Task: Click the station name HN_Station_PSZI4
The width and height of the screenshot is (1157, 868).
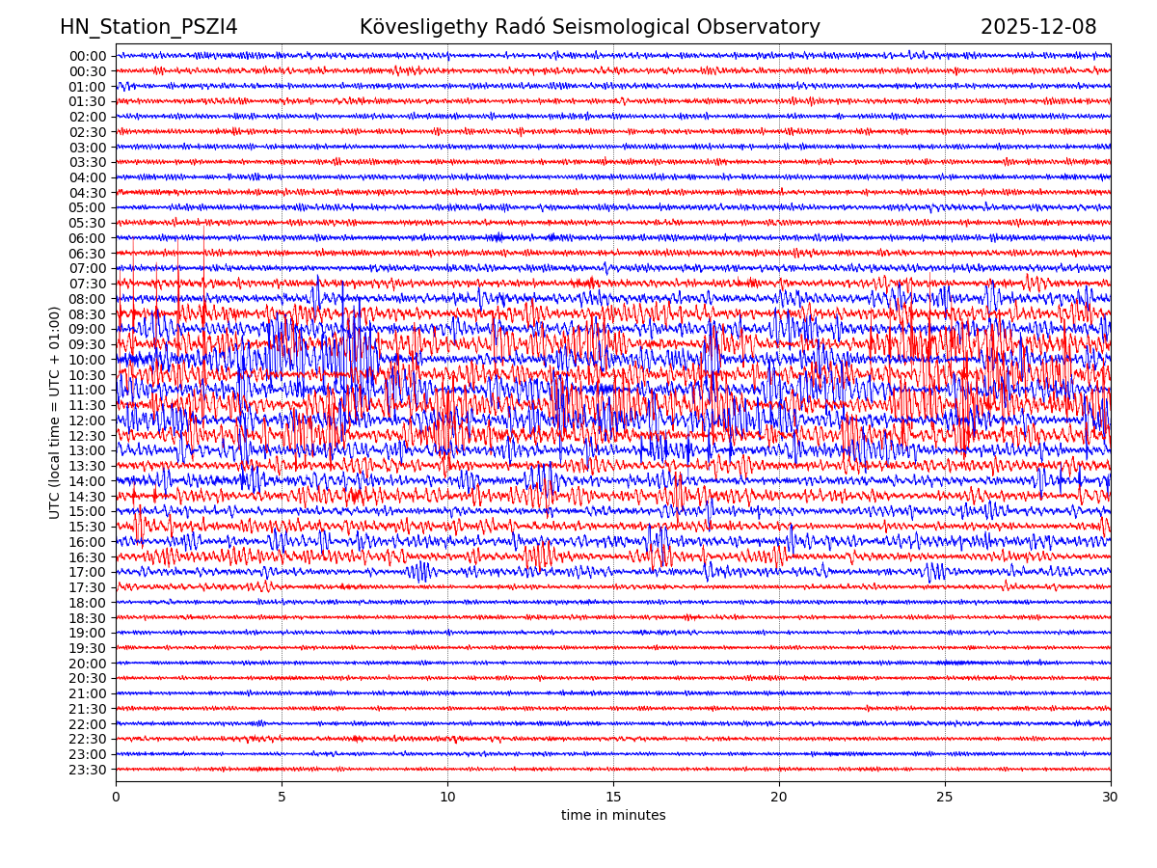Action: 148,27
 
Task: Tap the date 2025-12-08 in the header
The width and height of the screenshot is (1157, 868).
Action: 1038,27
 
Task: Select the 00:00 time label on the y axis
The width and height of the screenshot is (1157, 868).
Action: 88,56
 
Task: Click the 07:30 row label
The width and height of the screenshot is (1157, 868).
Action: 88,284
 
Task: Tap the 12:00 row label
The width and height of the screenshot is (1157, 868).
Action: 88,420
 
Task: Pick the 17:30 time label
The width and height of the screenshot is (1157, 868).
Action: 88,587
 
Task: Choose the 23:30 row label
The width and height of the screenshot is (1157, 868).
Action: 88,770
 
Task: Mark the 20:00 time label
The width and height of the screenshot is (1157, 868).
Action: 88,664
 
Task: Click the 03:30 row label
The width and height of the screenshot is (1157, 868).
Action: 88,162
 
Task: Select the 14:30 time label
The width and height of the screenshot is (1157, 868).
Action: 88,497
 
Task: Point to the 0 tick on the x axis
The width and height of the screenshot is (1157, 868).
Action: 116,797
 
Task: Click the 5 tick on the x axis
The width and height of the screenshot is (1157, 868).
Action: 282,797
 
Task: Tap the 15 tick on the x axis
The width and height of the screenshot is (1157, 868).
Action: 613,797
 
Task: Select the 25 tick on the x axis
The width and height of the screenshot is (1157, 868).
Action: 945,797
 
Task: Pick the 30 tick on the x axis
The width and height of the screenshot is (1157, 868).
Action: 1111,797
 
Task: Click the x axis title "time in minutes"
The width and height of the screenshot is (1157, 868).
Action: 613,815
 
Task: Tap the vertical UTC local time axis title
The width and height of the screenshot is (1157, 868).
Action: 55,413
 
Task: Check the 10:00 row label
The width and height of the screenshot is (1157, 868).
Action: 88,360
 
